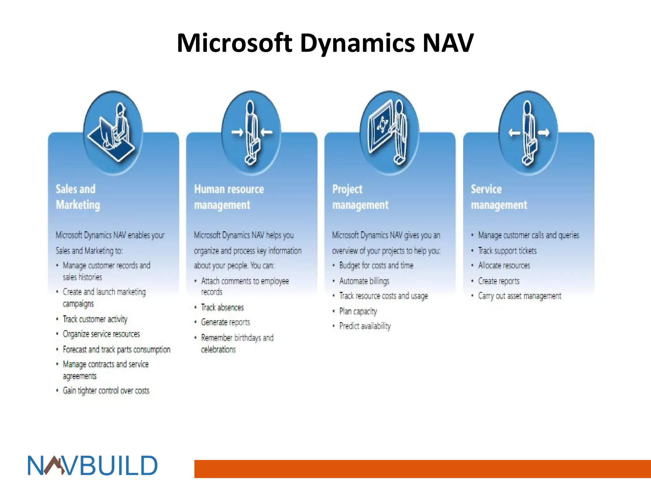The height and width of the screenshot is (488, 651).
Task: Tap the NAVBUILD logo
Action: pos(93,465)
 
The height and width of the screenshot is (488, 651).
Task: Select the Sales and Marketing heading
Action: pos(78,197)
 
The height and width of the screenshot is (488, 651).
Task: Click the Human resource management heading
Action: pos(229,197)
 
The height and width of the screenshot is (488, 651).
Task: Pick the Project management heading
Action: pos(360,197)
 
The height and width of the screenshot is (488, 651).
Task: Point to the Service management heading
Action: pos(498,197)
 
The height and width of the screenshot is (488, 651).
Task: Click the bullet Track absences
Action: pos(222,308)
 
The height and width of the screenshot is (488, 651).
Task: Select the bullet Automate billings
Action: pos(364,281)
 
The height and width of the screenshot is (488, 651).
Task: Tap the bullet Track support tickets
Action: pos(507,251)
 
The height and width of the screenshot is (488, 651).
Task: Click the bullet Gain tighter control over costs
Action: pos(106,390)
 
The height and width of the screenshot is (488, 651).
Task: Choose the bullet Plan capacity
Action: pos(358,311)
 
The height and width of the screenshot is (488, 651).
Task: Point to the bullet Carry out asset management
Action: pos(519,296)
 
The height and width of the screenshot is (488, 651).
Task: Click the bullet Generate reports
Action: pos(225,322)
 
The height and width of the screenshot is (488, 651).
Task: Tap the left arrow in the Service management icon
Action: pos(514,133)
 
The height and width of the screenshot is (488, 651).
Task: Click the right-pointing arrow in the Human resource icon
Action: pos(237,132)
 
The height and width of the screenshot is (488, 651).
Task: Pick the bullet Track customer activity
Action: pos(95,319)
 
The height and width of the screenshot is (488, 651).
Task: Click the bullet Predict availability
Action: pos(365,326)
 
